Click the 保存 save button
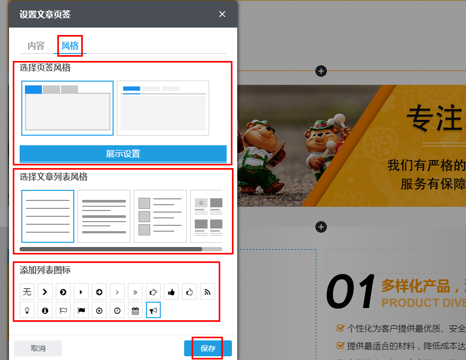208,348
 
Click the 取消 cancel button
38,348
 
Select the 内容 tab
36,46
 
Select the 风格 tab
70,46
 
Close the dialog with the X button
222,14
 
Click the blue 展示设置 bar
123,154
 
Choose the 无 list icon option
27,292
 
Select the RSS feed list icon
208,292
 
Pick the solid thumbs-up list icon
171,292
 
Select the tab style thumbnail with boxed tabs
67,108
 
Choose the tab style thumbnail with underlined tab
163,108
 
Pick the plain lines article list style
48,216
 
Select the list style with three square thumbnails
160,216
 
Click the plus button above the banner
321,71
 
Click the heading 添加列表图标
45,270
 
